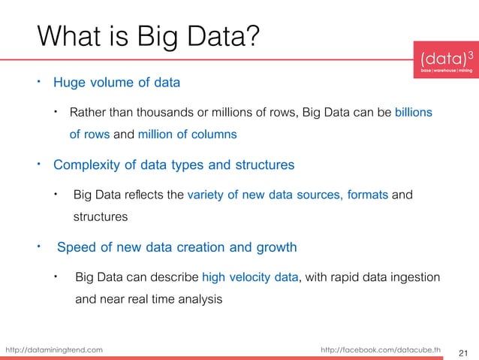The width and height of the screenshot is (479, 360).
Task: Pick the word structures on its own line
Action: pyautogui.click(x=100, y=217)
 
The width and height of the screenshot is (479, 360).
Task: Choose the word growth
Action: pyautogui.click(x=273, y=247)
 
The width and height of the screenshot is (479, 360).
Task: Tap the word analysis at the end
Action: pyautogui.click(x=198, y=299)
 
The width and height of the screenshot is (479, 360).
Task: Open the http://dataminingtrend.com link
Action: pyautogui.click(x=54, y=349)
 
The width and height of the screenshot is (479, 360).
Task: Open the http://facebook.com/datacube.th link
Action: pyautogui.click(x=381, y=349)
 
